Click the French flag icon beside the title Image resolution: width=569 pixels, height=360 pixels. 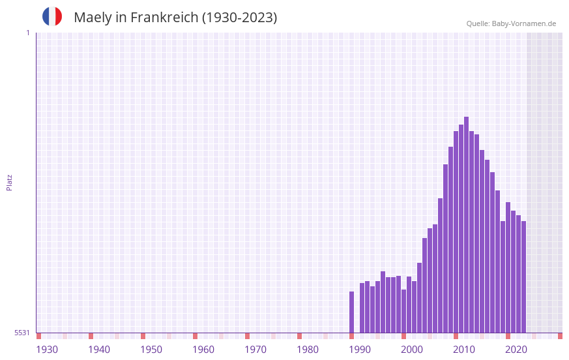click(x=52, y=16)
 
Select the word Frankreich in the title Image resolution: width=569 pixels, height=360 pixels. click(x=164, y=18)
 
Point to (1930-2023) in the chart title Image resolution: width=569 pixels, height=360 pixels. click(x=239, y=18)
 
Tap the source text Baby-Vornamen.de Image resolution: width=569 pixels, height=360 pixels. click(x=524, y=23)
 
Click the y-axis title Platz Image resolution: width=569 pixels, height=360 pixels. click(x=9, y=182)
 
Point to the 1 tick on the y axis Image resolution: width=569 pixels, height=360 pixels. click(x=27, y=33)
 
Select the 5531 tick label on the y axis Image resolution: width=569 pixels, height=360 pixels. click(x=22, y=333)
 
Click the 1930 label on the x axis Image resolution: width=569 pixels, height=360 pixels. click(x=47, y=350)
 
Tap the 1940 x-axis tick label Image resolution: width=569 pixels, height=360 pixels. click(x=99, y=350)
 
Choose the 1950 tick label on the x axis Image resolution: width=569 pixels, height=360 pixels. click(x=151, y=350)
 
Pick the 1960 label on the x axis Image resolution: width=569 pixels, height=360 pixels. click(x=203, y=350)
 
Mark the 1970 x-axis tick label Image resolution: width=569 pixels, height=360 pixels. click(x=255, y=350)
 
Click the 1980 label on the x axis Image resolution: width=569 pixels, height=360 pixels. click(x=308, y=350)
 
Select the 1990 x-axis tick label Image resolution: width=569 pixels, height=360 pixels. click(x=360, y=350)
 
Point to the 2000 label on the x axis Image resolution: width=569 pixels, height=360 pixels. click(x=412, y=350)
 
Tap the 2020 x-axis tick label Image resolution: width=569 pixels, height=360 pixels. click(x=516, y=350)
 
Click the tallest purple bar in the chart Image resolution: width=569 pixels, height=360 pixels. click(x=466, y=225)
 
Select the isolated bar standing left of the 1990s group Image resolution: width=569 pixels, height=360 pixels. click(x=351, y=312)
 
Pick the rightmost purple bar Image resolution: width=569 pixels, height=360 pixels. click(x=523, y=277)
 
